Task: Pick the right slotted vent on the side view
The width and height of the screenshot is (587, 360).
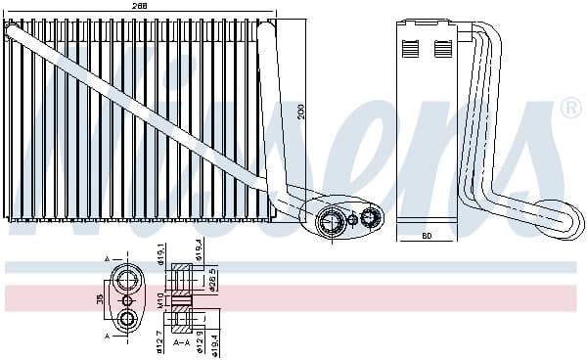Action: tap(442, 47)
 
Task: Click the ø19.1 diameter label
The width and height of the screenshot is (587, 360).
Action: tap(160, 256)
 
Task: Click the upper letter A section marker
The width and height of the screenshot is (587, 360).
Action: tap(108, 259)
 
